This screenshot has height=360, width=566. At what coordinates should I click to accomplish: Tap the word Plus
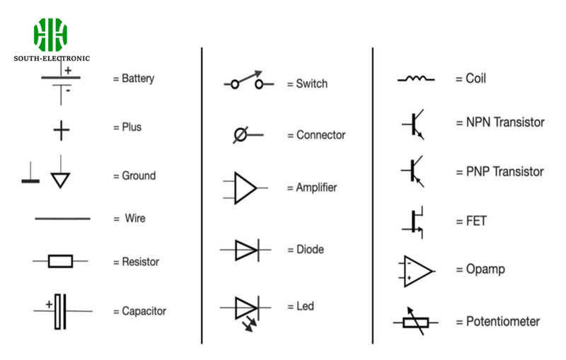tap(131, 127)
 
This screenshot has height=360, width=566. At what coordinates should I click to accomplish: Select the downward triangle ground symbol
tap(60, 178)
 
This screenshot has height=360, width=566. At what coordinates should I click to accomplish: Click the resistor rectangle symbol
tap(60, 262)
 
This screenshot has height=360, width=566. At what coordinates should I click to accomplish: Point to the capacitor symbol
tap(60, 310)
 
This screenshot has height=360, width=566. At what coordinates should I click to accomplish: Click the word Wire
tap(134, 219)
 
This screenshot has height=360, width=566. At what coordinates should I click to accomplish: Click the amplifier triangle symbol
tap(245, 187)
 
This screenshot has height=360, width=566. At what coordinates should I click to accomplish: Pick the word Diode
tap(305, 250)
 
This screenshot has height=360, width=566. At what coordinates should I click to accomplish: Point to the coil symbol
tap(416, 79)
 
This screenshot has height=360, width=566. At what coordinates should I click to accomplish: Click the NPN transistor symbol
tap(414, 124)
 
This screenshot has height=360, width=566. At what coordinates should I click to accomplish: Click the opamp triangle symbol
tap(417, 270)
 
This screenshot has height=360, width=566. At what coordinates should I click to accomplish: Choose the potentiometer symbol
tap(415, 322)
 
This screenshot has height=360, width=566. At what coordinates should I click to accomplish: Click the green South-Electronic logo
tap(51, 35)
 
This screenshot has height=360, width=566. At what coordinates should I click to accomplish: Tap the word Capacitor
tap(144, 311)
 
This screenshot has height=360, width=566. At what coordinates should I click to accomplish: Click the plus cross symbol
tap(62, 129)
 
